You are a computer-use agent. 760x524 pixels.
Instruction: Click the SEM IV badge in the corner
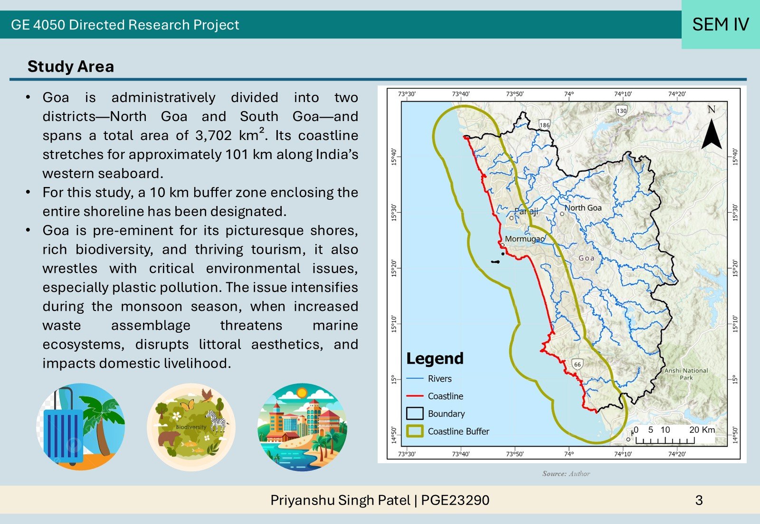point(721,24)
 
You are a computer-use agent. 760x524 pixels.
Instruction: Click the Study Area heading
point(71,66)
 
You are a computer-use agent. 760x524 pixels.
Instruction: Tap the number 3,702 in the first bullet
point(213,136)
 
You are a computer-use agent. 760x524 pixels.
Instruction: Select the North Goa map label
point(583,208)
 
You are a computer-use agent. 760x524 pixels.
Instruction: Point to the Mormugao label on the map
point(525,239)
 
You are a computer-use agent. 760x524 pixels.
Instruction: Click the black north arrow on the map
point(712,134)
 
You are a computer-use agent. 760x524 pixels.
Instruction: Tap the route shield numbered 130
point(622,111)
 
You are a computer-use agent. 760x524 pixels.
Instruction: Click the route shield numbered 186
point(544,125)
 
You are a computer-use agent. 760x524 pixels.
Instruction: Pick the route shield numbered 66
point(578,364)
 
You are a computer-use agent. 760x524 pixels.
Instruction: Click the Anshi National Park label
point(686,374)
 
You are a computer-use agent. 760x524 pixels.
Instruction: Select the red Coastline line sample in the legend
point(415,395)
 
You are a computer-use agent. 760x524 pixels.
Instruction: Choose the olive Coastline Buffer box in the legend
point(415,431)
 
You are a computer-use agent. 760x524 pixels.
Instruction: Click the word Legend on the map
point(435,358)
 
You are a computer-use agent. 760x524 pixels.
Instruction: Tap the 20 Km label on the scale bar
point(702,430)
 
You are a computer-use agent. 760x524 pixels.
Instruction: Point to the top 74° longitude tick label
point(569,94)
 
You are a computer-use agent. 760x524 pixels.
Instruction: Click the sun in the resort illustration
point(301,393)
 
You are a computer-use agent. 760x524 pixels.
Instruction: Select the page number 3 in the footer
point(699,500)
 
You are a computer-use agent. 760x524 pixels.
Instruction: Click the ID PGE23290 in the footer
point(456,500)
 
